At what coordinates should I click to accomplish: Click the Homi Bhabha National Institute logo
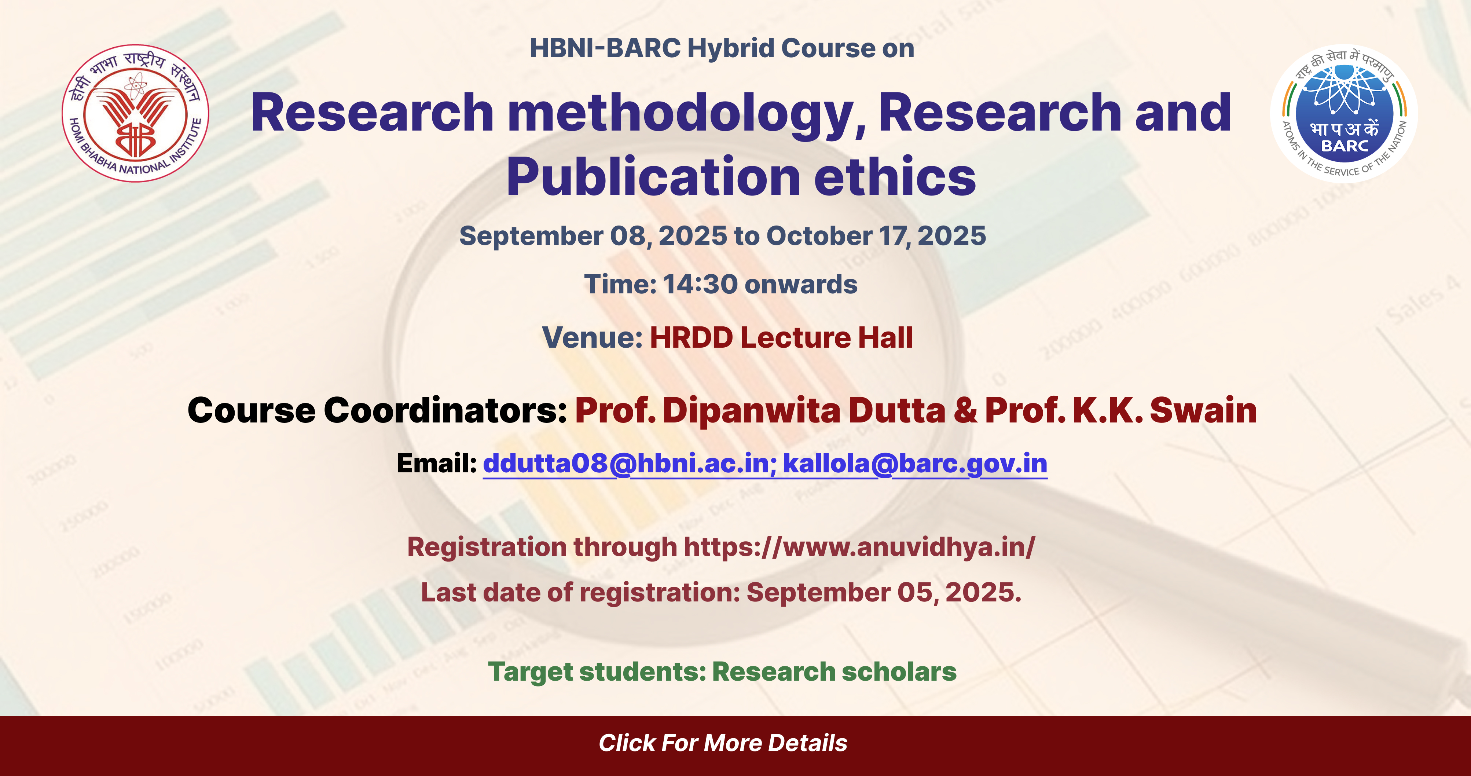coord(135,113)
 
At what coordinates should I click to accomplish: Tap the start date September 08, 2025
coord(593,236)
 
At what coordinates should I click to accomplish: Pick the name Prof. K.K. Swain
coord(1121,411)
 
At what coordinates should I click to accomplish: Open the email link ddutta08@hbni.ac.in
coord(629,463)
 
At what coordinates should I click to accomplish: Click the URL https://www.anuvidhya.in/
coord(859,547)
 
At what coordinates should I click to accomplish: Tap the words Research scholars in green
coord(834,671)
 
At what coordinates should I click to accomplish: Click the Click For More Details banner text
coord(723,743)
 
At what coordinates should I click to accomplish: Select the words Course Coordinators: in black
coord(377,411)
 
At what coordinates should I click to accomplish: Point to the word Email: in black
coord(437,463)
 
